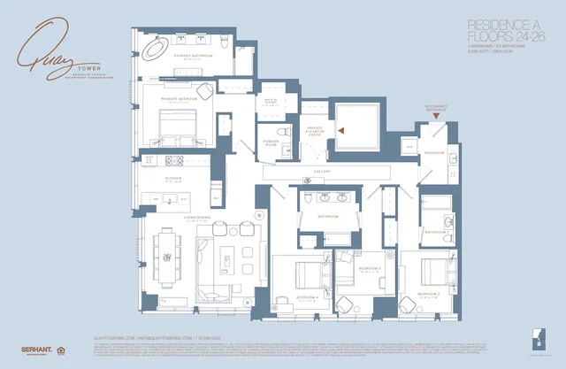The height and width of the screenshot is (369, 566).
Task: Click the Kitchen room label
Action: (x=172, y=179)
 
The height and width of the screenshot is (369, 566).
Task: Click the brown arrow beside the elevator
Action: (x=348, y=131)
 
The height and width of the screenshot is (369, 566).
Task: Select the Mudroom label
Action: (x=434, y=152)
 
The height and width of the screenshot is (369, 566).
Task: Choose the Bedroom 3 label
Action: (x=370, y=267)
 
